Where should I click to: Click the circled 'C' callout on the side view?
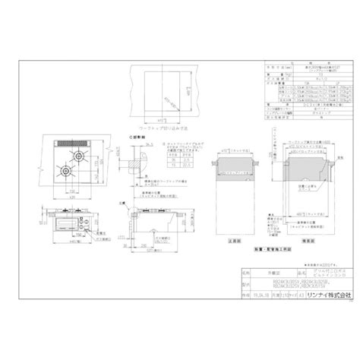[125, 203]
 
